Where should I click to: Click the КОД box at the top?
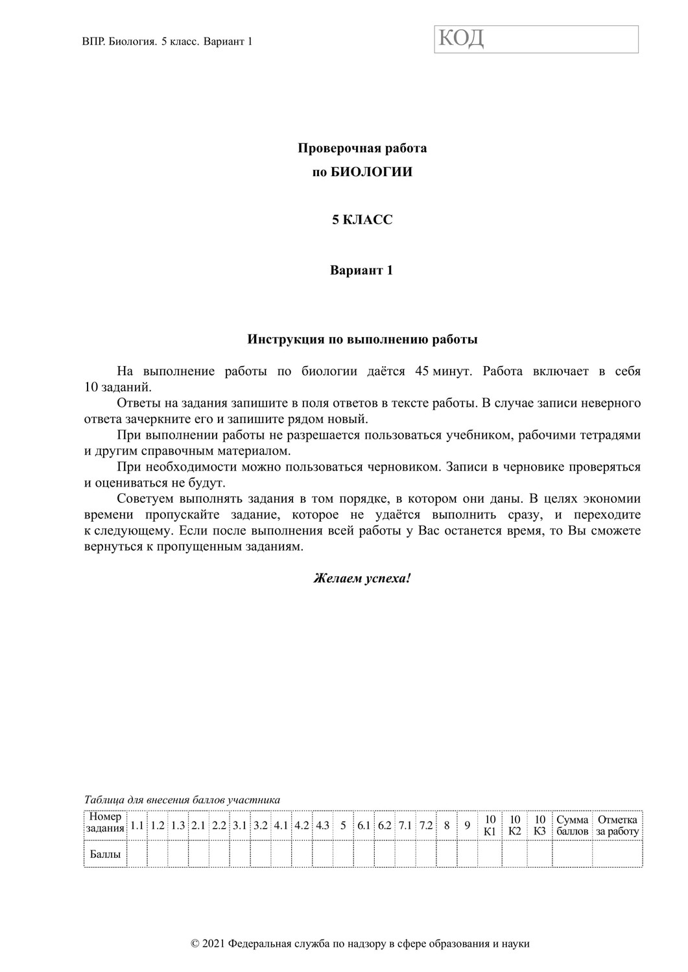pos(536,40)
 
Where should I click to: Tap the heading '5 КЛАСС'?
pos(362,220)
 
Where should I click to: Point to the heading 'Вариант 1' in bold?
pos(361,270)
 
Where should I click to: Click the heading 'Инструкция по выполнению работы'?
pos(362,339)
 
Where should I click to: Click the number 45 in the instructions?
pos(422,371)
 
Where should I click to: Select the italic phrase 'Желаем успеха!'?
pos(362,578)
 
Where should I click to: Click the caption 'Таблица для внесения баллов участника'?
pos(182,800)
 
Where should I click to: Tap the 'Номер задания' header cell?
pos(106,824)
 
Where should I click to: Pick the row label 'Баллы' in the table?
pos(106,854)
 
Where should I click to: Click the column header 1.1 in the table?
pos(137,826)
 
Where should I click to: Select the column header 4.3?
pos(322,826)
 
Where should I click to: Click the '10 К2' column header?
pos(515,825)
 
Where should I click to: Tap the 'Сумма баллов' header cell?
pos(572,825)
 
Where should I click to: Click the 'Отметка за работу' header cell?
pos(617,825)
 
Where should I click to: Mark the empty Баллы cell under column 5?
pos(343,854)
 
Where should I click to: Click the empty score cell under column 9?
pos(467,854)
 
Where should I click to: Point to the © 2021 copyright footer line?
pos(361,943)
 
